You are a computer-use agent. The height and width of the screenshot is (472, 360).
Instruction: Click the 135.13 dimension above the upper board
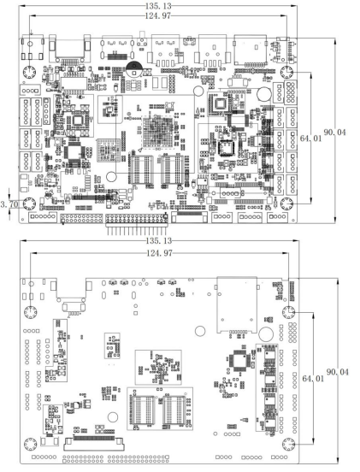click(158, 6)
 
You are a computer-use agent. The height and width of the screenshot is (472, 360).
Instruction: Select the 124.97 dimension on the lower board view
click(159, 253)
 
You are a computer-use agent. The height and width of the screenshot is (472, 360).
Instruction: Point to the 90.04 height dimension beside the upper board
click(335, 133)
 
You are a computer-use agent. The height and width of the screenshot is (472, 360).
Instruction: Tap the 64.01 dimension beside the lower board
click(313, 379)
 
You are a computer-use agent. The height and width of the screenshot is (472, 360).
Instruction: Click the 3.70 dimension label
click(9, 204)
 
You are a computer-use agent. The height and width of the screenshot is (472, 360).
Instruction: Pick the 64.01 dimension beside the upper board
click(311, 139)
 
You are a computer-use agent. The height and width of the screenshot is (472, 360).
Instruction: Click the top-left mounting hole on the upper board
click(29, 73)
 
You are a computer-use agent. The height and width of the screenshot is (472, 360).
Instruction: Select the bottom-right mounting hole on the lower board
click(289, 445)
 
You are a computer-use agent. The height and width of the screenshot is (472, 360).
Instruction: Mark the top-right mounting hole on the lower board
click(289, 312)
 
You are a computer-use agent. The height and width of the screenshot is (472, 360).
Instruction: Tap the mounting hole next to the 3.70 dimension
click(29, 204)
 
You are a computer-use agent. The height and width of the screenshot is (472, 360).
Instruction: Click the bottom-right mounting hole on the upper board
click(286, 204)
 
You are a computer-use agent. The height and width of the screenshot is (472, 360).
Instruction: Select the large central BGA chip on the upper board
click(157, 133)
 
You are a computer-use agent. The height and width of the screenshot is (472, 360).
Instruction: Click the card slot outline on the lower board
click(237, 304)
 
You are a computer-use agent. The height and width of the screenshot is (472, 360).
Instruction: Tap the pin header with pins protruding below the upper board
click(136, 224)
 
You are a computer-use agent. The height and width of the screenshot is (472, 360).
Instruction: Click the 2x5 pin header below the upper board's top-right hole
click(291, 91)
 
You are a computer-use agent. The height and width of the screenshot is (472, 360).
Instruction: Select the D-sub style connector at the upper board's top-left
click(70, 50)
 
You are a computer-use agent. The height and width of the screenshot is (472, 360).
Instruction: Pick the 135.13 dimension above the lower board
click(159, 240)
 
